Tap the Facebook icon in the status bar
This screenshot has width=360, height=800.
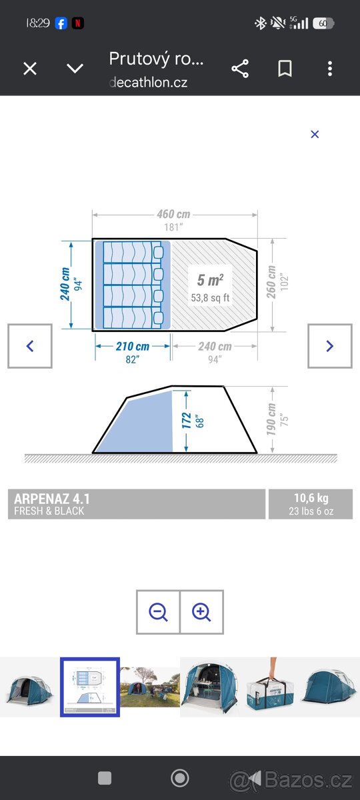(61, 23)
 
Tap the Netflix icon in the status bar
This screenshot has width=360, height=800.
(78, 23)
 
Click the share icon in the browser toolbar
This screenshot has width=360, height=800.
(240, 69)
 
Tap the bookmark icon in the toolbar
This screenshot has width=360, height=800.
(285, 69)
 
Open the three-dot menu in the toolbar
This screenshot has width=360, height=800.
(330, 69)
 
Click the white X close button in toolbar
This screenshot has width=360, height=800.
(30, 69)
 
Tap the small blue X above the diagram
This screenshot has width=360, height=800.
(315, 134)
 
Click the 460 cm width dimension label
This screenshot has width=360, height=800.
(173, 214)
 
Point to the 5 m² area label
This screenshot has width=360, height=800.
(211, 280)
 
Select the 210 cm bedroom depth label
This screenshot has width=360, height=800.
(133, 346)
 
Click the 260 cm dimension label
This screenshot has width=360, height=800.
(271, 282)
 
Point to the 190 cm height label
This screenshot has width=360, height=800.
(271, 419)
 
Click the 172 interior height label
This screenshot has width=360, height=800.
(187, 421)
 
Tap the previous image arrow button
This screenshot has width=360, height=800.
(30, 346)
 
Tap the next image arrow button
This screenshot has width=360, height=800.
(330, 346)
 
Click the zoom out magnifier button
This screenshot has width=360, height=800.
(158, 612)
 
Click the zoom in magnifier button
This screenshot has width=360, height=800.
(202, 612)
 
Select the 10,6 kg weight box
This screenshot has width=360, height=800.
(311, 504)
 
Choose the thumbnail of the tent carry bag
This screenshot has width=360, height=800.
(270, 687)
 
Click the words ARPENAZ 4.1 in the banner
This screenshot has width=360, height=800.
(52, 499)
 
